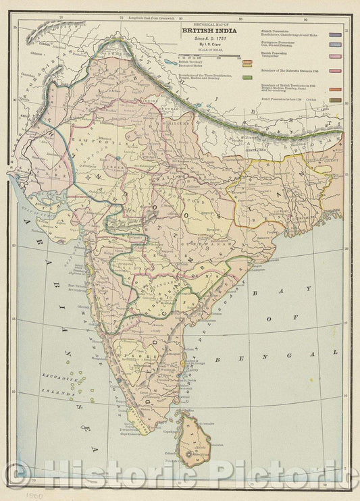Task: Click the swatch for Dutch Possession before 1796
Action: [334, 100]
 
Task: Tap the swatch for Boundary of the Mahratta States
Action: [334, 70]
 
